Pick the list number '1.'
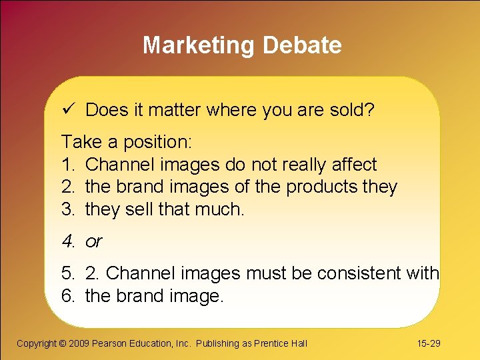coord(69,165)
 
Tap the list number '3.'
coord(69,210)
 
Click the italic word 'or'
coord(94,242)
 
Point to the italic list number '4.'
coord(69,242)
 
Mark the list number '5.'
coord(69,273)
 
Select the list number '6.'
coord(69,296)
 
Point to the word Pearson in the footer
coord(110,343)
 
